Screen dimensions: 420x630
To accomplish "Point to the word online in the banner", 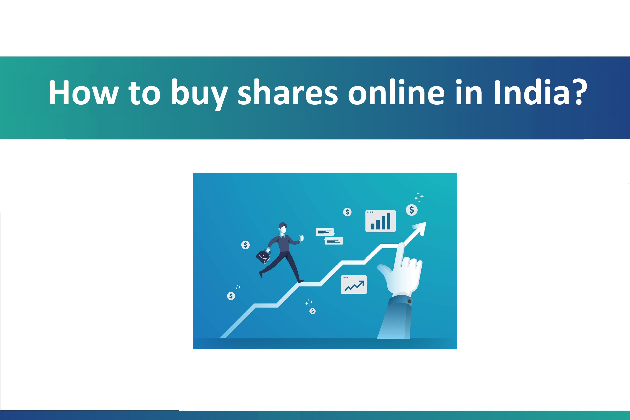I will [396, 92].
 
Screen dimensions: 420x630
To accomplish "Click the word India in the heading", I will [531, 92].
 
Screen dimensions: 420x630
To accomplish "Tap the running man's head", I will [283, 228].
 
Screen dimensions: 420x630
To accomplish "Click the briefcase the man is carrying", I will [263, 257].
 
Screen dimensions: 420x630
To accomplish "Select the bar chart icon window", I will [380, 221].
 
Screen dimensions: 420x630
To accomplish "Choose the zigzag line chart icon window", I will [354, 285].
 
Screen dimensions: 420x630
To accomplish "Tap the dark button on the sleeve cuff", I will [409, 301].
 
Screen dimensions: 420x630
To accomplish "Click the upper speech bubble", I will [325, 232].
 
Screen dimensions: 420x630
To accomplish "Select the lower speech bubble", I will [334, 241].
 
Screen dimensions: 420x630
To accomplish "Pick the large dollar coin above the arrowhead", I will [412, 210].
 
